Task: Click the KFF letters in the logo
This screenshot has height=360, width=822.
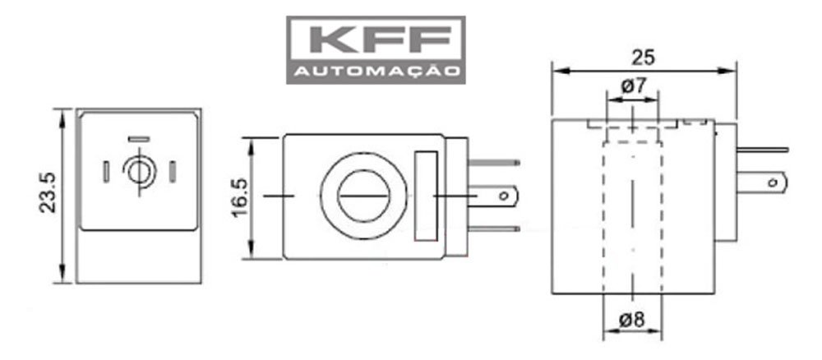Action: [376, 40]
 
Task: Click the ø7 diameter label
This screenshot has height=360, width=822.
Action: [631, 85]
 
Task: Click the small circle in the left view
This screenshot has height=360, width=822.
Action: [139, 172]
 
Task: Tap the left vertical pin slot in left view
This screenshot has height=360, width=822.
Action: [107, 172]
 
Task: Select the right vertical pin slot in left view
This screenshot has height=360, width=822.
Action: [172, 172]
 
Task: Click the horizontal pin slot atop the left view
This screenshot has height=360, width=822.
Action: [139, 139]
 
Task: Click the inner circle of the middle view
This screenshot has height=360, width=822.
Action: [362, 197]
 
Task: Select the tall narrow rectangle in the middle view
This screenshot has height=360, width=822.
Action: [426, 197]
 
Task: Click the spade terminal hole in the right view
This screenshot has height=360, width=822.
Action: [774, 180]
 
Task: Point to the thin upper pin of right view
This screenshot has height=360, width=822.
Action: [764, 150]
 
